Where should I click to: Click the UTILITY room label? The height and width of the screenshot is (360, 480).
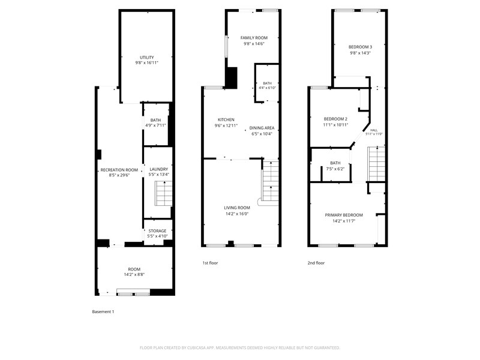tap(147, 58)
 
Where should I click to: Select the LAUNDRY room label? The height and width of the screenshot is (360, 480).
tap(159, 169)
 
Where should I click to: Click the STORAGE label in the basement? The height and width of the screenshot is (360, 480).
tap(158, 231)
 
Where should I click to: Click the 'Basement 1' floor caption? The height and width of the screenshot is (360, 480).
tap(103, 311)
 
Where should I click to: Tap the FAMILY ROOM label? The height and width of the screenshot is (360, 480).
tap(254, 38)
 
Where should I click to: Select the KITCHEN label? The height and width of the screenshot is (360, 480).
tap(226, 119)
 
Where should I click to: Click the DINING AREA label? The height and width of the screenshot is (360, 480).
tap(262, 128)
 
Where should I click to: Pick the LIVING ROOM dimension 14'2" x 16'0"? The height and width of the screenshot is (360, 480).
tap(236, 214)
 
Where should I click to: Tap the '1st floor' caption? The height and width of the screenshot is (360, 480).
tap(210, 263)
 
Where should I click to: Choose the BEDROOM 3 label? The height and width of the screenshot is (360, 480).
tap(361, 47)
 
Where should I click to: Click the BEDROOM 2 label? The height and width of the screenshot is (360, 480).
tap(328, 119)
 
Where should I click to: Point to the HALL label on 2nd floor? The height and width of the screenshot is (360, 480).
tap(374, 130)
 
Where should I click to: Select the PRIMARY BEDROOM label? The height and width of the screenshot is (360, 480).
tap(344, 215)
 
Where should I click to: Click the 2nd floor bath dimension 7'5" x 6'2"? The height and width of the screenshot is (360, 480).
tap(335, 169)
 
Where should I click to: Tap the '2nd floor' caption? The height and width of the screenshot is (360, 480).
tap(316, 263)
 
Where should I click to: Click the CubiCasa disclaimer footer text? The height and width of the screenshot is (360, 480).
tap(240, 347)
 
